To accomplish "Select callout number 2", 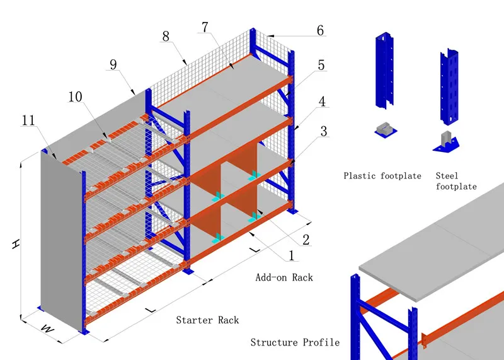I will [x=306, y=239].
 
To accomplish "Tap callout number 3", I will [x=324, y=131].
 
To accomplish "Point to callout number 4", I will [x=321, y=101].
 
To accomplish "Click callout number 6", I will [x=320, y=30].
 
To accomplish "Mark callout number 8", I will [x=166, y=37].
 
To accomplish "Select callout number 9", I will [x=114, y=64].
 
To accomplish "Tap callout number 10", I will [x=76, y=96].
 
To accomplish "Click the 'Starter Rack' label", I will [x=207, y=320].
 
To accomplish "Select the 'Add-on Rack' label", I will [x=284, y=277].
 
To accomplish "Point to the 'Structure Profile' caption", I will [x=295, y=342].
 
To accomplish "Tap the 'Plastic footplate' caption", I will [x=382, y=176].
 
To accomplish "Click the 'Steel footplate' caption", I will [x=456, y=181].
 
